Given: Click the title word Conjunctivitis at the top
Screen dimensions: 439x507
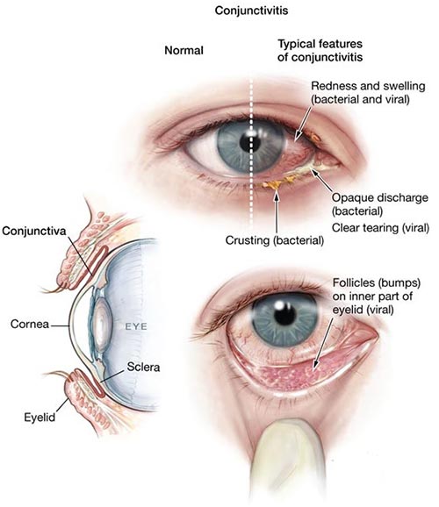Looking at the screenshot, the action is coord(251,11).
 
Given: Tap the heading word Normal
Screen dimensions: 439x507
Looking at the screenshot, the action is coord(184,51).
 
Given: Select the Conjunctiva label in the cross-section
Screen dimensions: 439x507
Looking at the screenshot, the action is coord(34,232).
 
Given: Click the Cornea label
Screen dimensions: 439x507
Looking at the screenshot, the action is coord(30,324).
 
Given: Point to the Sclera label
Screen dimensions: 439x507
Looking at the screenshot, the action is coord(143,367).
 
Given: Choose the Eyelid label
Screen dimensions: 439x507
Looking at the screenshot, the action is coord(40,418).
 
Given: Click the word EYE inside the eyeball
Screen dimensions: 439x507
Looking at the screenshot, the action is coord(136,326).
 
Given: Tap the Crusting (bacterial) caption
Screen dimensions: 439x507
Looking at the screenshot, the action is coord(275,240).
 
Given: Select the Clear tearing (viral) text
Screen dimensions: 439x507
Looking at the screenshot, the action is coord(380,228).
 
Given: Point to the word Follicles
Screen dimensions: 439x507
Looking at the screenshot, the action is coord(353,282).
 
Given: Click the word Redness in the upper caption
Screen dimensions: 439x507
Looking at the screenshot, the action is coord(330,86).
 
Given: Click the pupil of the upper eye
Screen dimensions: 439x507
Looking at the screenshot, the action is coord(250,143).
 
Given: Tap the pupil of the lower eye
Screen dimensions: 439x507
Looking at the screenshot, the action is coord(284,314).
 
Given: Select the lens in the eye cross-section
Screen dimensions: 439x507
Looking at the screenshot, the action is coord(103,325).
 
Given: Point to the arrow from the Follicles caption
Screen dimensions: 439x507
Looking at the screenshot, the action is coord(323,343).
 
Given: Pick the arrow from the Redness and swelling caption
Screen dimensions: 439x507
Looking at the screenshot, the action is coord(304,124).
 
